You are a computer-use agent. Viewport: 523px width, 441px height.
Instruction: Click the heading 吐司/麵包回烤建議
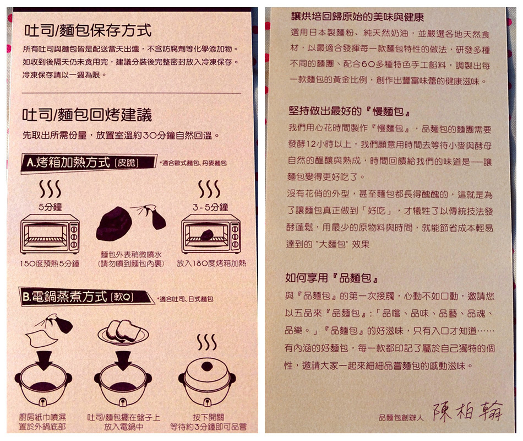[x=87, y=115]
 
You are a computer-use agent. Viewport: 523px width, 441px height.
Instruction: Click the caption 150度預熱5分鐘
[x=50, y=263]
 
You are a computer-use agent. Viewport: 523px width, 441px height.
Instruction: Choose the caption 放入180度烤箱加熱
[x=211, y=263]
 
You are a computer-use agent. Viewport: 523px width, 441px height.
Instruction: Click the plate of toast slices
[x=123, y=331]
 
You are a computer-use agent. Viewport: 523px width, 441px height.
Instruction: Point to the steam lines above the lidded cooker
[x=207, y=342]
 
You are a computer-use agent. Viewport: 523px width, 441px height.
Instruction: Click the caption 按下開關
[x=208, y=417]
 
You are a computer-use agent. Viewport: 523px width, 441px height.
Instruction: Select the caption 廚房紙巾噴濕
[x=43, y=417]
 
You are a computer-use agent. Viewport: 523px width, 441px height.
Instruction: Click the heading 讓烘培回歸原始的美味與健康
[x=357, y=17]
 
